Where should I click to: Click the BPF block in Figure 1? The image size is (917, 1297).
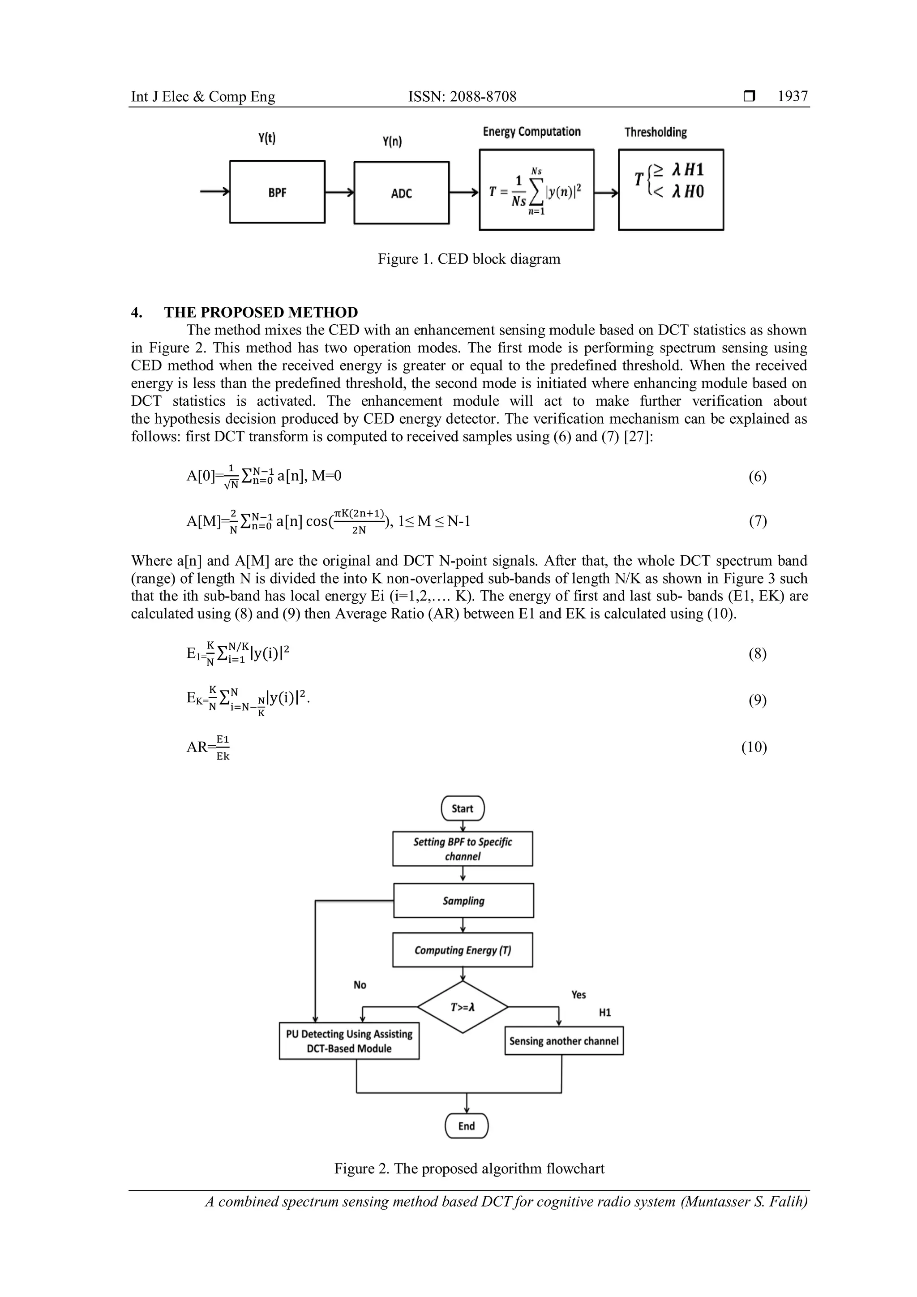tap(277, 192)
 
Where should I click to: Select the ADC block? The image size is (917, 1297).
tap(402, 193)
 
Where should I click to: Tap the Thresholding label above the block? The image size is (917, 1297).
tap(656, 132)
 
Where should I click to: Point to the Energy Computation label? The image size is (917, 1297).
tap(531, 132)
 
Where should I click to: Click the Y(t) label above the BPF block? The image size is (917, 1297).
tap(267, 138)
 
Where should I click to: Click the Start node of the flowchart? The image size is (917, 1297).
tap(463, 808)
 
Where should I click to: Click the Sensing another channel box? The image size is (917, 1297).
tap(564, 1040)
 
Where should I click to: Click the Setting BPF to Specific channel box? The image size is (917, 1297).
tap(463, 849)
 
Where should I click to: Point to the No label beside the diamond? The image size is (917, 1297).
tap(360, 984)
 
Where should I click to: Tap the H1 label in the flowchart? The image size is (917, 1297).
tap(605, 1012)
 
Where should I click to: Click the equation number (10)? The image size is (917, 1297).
tap(754, 747)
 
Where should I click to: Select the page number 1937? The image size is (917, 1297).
tap(792, 97)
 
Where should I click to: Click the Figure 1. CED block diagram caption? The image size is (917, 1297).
tap(469, 259)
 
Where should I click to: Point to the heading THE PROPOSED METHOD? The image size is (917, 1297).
tap(261, 313)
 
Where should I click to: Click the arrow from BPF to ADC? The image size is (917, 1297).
tap(339, 193)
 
